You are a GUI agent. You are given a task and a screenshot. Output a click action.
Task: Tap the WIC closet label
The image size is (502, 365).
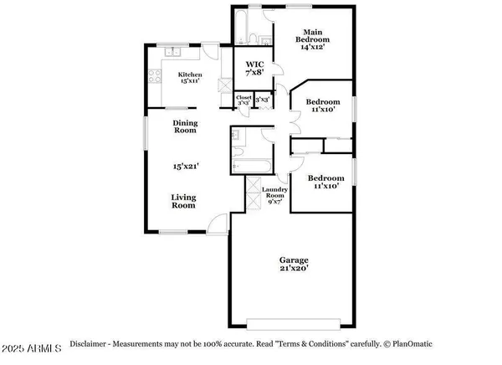[x=254, y=68]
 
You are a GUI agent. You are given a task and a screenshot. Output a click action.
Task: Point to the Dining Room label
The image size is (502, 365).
[x=185, y=126]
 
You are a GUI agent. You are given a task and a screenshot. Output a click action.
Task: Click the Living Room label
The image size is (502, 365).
[x=184, y=202]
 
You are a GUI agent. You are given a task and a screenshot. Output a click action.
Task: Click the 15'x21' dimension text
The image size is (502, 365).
[x=184, y=167]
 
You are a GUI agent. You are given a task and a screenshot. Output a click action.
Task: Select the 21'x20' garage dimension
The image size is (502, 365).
[x=294, y=269]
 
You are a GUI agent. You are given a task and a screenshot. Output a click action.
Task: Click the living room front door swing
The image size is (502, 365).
[x=216, y=221]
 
